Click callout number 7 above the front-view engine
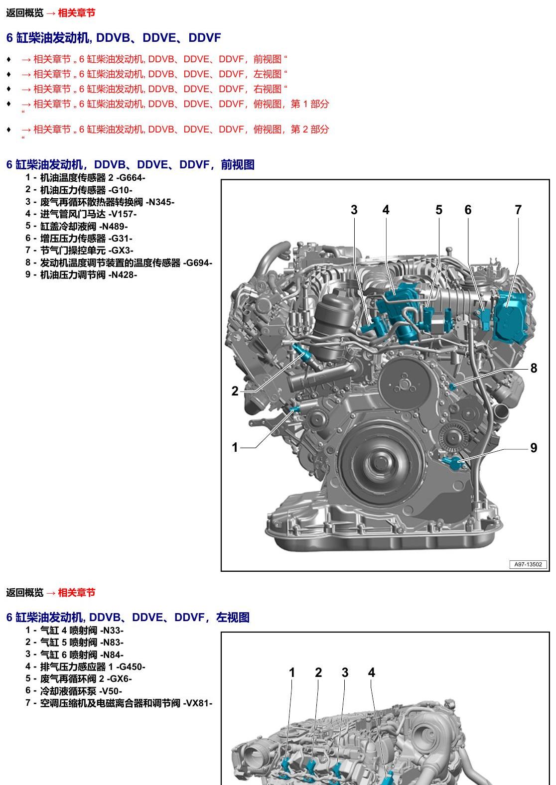[518, 210]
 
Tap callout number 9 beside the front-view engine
[534, 448]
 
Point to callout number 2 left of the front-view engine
[235, 391]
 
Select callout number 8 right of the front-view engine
[534, 368]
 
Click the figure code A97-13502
[528, 564]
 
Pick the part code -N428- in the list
[123, 275]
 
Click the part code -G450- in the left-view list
[131, 667]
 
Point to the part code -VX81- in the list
[198, 703]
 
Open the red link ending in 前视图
[154, 59]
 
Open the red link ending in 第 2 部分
[175, 130]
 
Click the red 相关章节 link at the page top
[76, 13]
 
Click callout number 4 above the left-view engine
[372, 672]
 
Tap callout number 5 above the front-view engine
[439, 210]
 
